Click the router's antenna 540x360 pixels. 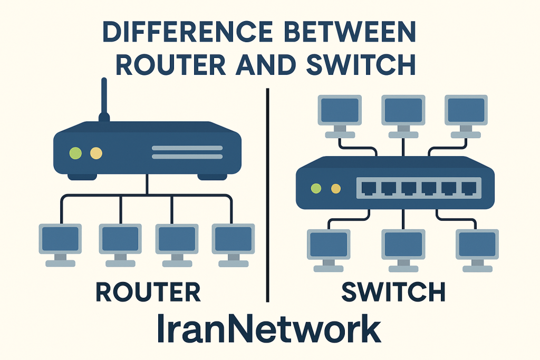tap(104, 100)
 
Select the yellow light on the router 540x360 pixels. tap(95, 153)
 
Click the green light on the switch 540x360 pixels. tap(316, 188)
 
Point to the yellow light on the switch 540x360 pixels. tap(335, 188)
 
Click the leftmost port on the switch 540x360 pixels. tap(369, 187)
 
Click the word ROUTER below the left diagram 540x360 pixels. tap(148, 291)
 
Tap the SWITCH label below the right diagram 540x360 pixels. tap(393, 291)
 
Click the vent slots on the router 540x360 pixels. tap(187, 152)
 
